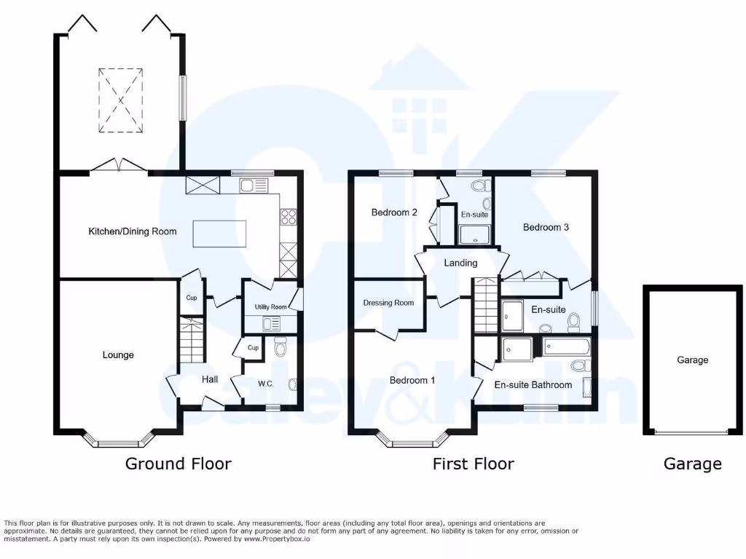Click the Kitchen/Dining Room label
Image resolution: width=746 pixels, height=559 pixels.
click(x=133, y=231)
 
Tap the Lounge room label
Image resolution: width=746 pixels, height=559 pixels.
click(x=118, y=355)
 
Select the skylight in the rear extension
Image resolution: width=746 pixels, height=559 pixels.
click(x=120, y=100)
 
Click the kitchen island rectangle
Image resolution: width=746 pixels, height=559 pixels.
click(x=220, y=234)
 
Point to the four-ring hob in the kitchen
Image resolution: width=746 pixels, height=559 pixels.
click(x=288, y=216)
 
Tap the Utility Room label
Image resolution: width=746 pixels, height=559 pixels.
click(x=270, y=307)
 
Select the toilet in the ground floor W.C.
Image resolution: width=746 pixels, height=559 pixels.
click(x=280, y=349)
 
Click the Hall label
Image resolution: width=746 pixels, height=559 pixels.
click(x=210, y=379)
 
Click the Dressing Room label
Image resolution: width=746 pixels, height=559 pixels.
click(x=388, y=303)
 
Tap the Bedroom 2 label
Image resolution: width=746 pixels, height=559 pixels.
click(x=394, y=213)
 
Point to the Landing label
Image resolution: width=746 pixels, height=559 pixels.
click(x=460, y=263)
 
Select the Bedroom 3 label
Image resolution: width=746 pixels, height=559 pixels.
click(x=546, y=227)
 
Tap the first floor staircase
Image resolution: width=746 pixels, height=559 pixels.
click(x=485, y=306)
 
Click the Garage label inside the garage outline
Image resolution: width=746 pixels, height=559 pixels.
click(x=692, y=360)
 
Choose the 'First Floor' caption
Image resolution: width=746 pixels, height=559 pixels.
click(x=473, y=464)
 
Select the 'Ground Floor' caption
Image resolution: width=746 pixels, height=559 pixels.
click(x=178, y=464)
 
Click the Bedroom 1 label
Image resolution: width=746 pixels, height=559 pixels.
click(x=412, y=381)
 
